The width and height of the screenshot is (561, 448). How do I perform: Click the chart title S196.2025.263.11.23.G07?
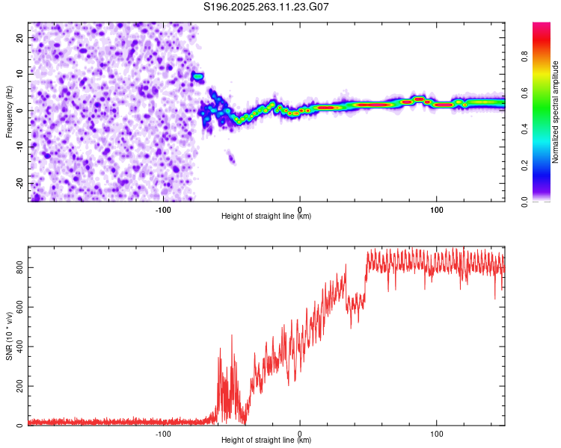[x=266, y=7]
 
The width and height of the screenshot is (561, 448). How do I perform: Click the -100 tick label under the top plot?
[x=163, y=209]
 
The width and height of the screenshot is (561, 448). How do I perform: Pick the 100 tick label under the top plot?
[x=437, y=209]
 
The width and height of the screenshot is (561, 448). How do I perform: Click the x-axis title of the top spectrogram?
[x=266, y=217]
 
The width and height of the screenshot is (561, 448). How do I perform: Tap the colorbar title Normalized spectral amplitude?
[x=556, y=112]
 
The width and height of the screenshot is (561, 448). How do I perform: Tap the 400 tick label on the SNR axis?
[x=17, y=346]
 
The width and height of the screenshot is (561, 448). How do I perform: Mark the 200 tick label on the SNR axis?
[x=17, y=386]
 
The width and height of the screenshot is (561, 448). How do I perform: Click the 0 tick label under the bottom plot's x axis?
[x=300, y=433]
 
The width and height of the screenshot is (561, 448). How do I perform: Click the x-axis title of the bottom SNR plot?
[x=266, y=441]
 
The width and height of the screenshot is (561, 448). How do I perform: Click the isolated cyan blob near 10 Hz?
[x=198, y=76]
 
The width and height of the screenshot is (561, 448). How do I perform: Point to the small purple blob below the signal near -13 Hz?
[x=231, y=158]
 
